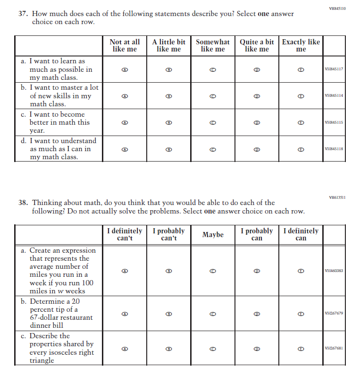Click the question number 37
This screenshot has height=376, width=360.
tap(23, 14)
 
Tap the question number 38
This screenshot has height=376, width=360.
tap(23, 203)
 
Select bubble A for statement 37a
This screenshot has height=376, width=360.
tap(125, 69)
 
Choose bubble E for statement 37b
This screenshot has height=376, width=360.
tap(301, 96)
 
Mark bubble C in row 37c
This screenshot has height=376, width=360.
tap(213, 122)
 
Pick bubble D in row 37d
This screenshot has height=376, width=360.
tap(257, 149)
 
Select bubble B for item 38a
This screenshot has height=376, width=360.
tap(169, 271)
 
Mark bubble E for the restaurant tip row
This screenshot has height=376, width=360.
tap(301, 313)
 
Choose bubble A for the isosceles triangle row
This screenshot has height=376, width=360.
tap(125, 349)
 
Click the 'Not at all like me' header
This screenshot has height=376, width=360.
tap(125, 45)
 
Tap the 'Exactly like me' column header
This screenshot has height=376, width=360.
tap(301, 45)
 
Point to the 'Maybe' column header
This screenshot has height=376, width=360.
tap(213, 235)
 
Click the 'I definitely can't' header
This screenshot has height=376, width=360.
tap(125, 235)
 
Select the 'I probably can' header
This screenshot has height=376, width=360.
tap(257, 235)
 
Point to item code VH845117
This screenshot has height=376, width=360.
tap(334, 69)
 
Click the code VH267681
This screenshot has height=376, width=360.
tap(334, 349)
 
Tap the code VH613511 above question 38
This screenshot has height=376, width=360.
tap(337, 197)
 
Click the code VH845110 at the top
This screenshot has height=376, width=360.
tap(337, 9)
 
